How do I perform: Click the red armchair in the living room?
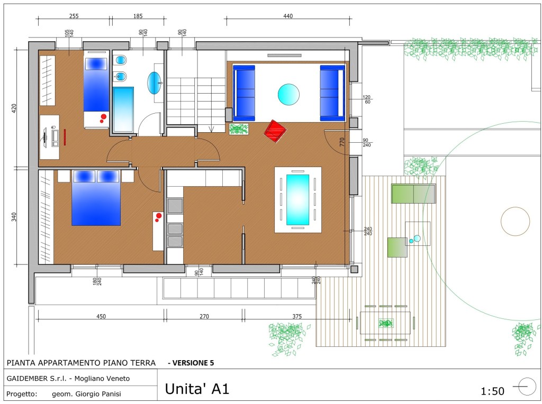(x=275, y=131)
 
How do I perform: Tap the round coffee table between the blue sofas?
(x=288, y=95)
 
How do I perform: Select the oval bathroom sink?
(x=154, y=83)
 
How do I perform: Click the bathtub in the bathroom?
(x=123, y=109)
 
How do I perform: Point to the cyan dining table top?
(x=297, y=199)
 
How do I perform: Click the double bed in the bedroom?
(x=96, y=198)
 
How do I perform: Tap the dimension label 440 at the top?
(x=288, y=16)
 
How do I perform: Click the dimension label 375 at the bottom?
(x=297, y=316)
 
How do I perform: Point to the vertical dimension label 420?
(x=14, y=108)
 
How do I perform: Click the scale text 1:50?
(x=493, y=391)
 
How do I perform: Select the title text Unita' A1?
(x=197, y=389)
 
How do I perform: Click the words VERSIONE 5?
(x=193, y=363)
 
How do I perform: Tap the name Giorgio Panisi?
(x=98, y=394)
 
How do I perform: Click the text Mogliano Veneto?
(x=102, y=379)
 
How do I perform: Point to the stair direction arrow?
(x=212, y=128)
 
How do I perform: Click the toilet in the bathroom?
(x=120, y=60)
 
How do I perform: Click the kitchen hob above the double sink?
(x=175, y=206)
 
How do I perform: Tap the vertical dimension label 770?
(x=342, y=142)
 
